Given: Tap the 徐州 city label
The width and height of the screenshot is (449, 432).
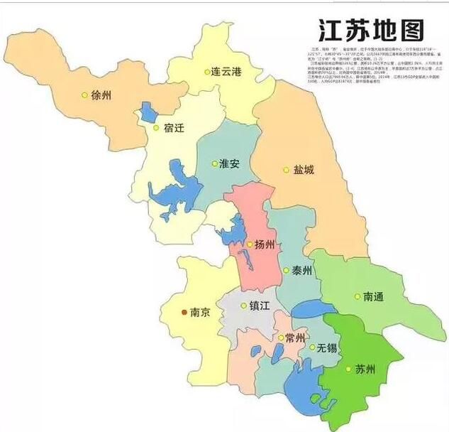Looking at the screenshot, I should pyautogui.click(x=102, y=94).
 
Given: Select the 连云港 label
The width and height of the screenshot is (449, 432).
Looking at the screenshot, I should pyautogui.click(x=227, y=72).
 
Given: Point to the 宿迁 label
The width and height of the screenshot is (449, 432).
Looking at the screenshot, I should pyautogui.click(x=174, y=129).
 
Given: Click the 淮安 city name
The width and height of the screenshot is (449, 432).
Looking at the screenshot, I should pyautogui.click(x=229, y=163).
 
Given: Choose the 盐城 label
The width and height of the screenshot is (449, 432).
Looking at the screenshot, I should pyautogui.click(x=303, y=170).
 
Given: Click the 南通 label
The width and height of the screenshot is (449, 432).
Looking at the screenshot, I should pyautogui.click(x=373, y=297).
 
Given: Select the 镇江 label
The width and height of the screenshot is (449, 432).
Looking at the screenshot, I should pyautogui.click(x=260, y=306).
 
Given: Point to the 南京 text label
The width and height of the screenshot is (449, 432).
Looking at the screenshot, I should pyautogui.click(x=201, y=312).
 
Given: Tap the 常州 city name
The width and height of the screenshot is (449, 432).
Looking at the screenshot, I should pyautogui.click(x=296, y=337).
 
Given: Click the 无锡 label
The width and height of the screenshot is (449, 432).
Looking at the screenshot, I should pyautogui.click(x=327, y=347).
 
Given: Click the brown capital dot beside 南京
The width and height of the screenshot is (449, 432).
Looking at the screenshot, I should pyautogui.click(x=185, y=312).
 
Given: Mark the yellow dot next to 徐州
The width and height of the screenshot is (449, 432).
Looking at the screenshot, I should pyautogui.click(x=85, y=94).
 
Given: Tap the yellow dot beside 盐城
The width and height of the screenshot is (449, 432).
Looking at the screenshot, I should pyautogui.click(x=287, y=170).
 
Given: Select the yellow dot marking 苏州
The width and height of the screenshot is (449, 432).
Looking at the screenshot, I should pyautogui.click(x=348, y=369).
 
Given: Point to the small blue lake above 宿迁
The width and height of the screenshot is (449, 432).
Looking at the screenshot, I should pyautogui.click(x=148, y=111).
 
